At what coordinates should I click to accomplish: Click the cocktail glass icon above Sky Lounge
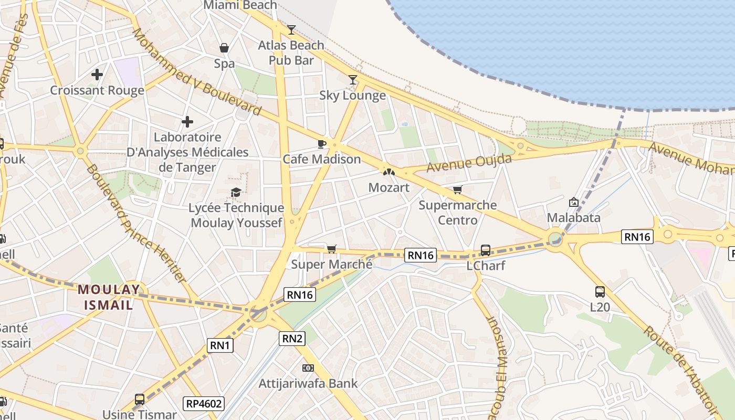[x=353, y=80]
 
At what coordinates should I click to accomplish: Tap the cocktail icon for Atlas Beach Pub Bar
[x=291, y=30]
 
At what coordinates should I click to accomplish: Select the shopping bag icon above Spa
[x=224, y=48]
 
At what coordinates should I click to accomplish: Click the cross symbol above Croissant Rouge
[x=97, y=75]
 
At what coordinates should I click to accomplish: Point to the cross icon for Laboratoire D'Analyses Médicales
[x=187, y=122]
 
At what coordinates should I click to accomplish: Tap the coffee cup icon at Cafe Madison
[x=322, y=144]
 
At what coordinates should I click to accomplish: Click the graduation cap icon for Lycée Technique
[x=236, y=193]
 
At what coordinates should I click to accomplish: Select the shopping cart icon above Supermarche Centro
[x=458, y=190]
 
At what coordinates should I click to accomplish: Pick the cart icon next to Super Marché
[x=331, y=249]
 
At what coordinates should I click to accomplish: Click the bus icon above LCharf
[x=486, y=250]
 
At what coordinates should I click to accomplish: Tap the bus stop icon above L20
[x=600, y=292]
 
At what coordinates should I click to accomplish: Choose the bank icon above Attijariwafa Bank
[x=308, y=368]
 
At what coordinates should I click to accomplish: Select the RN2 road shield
[x=292, y=339]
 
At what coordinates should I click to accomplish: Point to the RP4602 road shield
[x=204, y=404]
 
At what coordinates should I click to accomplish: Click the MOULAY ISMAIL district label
[x=109, y=297]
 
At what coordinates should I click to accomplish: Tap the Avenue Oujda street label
[x=469, y=163]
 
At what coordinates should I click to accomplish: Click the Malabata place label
[x=573, y=217]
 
